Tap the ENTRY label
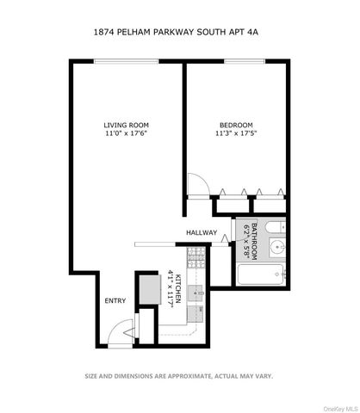[x=114, y=301]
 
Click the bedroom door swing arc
[x=196, y=184]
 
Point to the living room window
[x=127, y=60]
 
